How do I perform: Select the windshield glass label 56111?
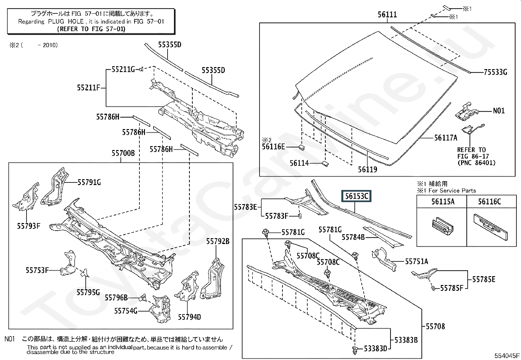tap(387, 14)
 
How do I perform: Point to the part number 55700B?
tap(123, 153)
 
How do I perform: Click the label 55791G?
tap(89, 182)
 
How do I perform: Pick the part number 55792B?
tap(218, 241)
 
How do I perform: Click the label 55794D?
tap(189, 317)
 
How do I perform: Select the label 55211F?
tap(89, 87)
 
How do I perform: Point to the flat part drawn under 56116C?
tap(490, 226)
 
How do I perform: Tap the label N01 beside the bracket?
tap(499, 111)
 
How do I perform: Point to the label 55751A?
tap(416, 261)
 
